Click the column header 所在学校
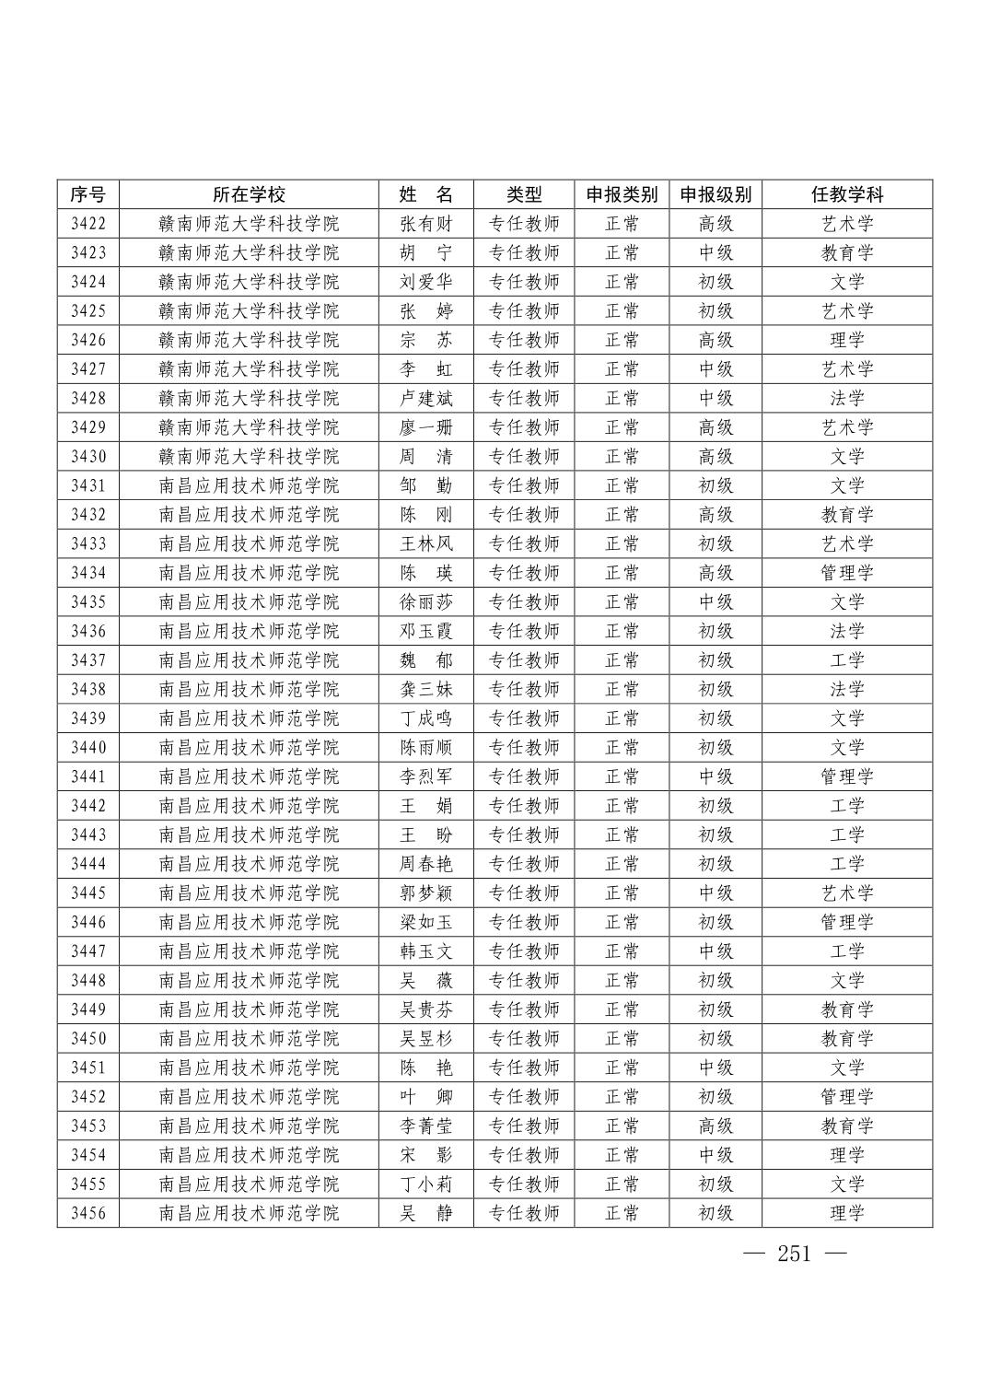point(249,194)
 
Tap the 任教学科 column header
point(846,194)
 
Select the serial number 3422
point(88,224)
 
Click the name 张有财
point(426,224)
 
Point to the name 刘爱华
point(426,282)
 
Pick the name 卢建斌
point(426,398)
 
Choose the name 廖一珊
point(426,427)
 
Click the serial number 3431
point(88,485)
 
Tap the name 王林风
point(426,543)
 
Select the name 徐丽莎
point(426,601)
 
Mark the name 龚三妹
point(426,689)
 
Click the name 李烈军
point(426,776)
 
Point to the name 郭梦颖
point(426,892)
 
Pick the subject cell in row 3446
point(846,922)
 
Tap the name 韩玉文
point(426,951)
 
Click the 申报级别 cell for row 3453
point(716,1126)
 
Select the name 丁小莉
point(426,1184)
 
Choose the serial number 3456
point(88,1213)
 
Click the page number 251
point(794,1254)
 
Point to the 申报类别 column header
point(622,194)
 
